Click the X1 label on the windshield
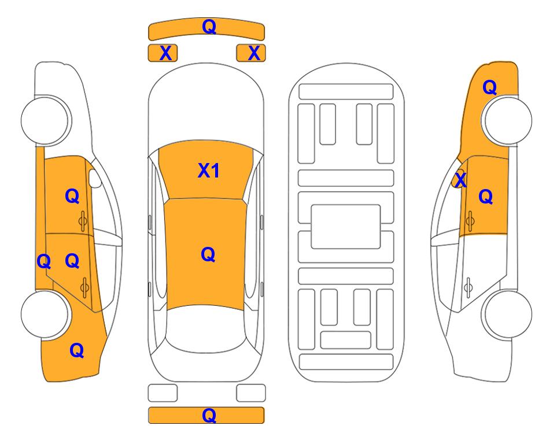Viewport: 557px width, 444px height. pos(209,171)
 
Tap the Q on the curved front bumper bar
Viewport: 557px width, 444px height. pos(209,26)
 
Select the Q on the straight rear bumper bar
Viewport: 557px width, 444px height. pos(209,415)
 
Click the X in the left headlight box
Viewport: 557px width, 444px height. pos(165,53)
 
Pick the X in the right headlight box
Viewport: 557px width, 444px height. pos(254,53)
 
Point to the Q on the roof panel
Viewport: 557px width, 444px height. pos(208,254)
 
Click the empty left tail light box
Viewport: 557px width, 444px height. pos(163,393)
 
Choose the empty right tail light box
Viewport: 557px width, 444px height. pos(251,393)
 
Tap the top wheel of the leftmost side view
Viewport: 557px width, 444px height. pos(45,120)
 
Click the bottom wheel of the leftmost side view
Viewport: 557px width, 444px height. pos(45,314)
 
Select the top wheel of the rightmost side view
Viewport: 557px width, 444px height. pos(508,120)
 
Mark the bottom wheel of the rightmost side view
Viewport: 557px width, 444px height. pos(508,314)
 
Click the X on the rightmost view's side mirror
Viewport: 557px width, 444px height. pos(460,179)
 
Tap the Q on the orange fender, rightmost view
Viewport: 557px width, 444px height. pos(489,87)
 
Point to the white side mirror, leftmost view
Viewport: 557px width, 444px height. pos(95,178)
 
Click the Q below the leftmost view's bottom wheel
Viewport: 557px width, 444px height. pos(77,350)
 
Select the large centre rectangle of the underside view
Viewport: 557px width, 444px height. pos(346,227)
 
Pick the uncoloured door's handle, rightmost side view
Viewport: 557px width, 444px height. pos(468,286)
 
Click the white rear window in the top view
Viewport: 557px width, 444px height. pos(206,328)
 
